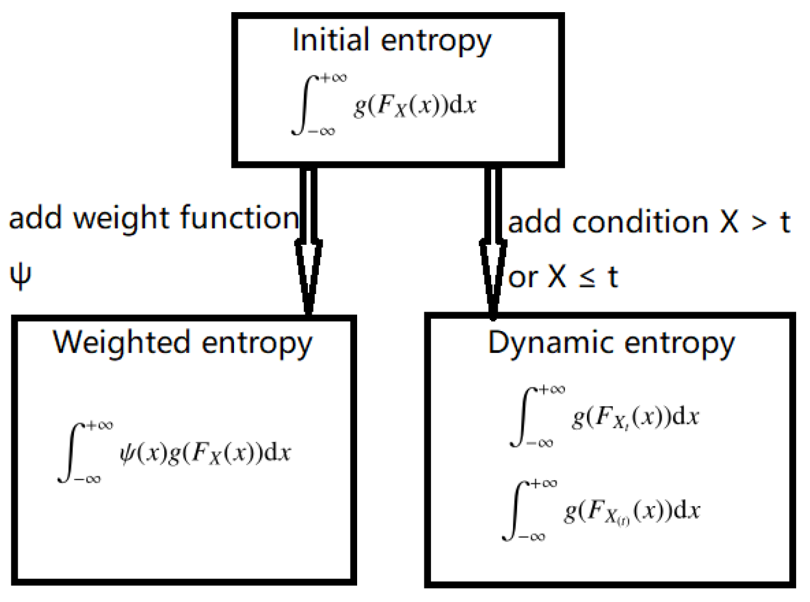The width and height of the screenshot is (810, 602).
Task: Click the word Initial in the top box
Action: [x=330, y=40]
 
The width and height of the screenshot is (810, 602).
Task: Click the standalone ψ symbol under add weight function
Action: [x=21, y=276]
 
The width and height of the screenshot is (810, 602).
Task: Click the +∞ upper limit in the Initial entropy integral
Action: [x=333, y=78]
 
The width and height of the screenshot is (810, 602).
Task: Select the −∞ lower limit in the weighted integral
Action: [x=87, y=480]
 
